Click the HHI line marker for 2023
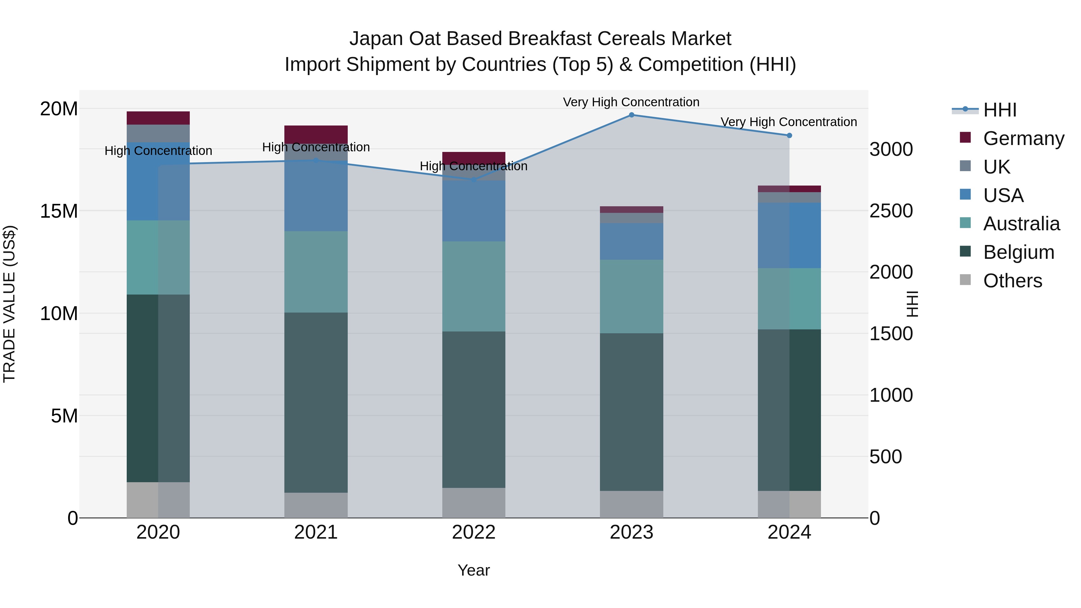631,115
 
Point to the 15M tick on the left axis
59,211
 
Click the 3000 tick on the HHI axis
891,150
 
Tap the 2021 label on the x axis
316,532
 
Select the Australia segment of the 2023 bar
631,296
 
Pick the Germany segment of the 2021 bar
316,134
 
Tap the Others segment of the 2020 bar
158,500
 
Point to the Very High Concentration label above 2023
631,102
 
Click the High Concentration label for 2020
158,151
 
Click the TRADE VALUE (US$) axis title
9,304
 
